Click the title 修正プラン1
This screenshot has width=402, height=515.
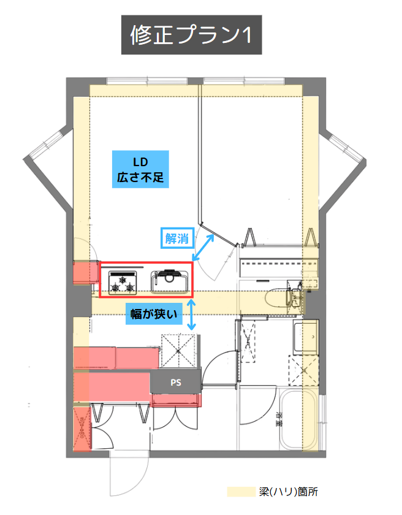point(191,34)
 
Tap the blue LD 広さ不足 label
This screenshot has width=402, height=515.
point(140,169)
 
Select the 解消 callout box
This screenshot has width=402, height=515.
point(177,238)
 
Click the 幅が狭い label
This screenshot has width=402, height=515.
point(154,314)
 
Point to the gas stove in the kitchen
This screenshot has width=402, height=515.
point(123,283)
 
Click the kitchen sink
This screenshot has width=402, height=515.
point(169,281)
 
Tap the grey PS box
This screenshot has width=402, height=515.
point(175,382)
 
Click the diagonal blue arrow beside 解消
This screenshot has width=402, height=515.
point(203,247)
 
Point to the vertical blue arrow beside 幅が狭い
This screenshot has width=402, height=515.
point(191,315)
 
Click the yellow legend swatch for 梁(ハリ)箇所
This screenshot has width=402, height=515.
point(241,492)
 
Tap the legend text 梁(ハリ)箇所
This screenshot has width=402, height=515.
point(288,492)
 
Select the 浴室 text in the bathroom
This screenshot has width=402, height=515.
point(279,419)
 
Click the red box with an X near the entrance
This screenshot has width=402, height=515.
point(82,428)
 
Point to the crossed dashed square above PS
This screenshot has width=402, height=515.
point(179,351)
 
